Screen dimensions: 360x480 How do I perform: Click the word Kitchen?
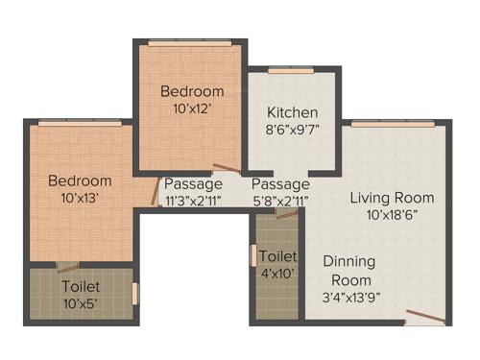(292, 112)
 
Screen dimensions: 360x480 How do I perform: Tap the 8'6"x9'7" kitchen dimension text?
(292, 129)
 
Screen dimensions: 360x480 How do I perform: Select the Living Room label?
(392, 198)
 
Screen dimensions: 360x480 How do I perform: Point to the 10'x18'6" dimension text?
(392, 214)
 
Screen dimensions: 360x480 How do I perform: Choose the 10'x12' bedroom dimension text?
(192, 108)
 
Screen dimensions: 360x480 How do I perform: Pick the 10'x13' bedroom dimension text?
(81, 197)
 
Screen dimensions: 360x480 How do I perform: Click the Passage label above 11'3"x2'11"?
(193, 183)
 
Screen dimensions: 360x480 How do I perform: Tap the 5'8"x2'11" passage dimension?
(281, 200)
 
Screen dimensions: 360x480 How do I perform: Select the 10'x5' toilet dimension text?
(81, 303)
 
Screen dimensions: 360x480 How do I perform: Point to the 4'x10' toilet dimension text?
(278, 274)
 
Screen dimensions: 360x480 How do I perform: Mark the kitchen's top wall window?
(284, 70)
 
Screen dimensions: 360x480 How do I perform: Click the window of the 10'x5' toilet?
(134, 291)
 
